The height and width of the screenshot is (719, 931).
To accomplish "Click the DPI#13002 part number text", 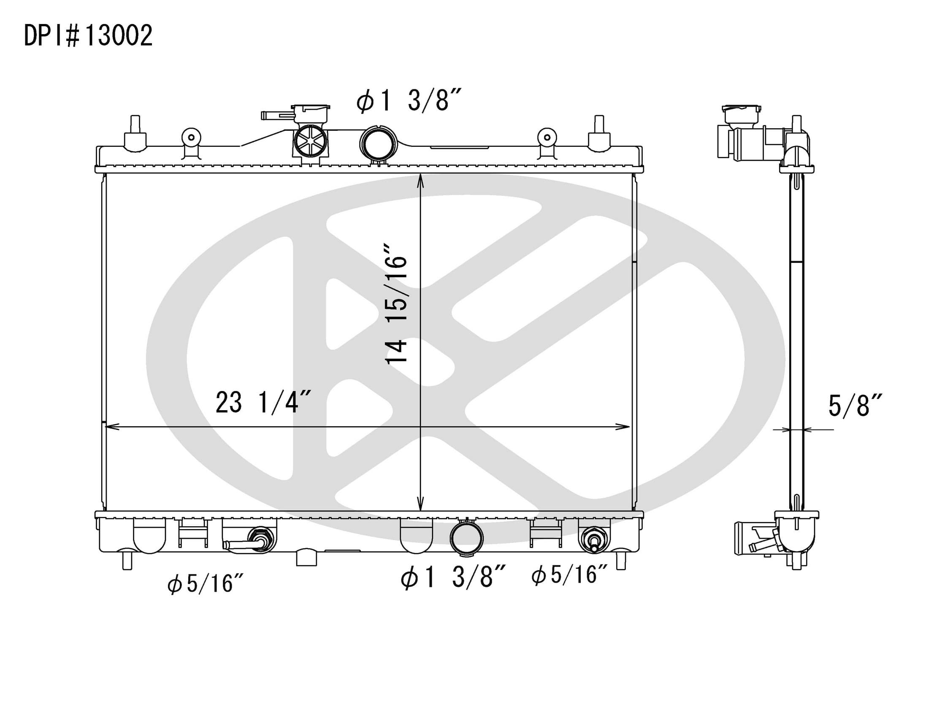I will coord(88,36).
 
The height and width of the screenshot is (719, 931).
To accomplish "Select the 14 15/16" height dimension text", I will coord(396,304).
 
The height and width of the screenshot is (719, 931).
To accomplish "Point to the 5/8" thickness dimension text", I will coord(854,406).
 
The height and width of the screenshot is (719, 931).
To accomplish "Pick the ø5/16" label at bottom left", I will coord(206,583).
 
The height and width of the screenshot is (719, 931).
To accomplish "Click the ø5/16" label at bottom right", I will coord(569,575).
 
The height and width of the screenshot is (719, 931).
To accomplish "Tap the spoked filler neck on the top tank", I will coord(311,141).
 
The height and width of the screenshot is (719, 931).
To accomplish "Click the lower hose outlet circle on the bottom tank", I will coord(466,538).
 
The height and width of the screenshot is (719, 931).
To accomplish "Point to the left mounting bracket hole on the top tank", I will coord(192,137).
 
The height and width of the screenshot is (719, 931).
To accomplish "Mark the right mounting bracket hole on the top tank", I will coord(547,137).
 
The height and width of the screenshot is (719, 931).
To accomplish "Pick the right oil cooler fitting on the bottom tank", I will coord(593,540).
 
